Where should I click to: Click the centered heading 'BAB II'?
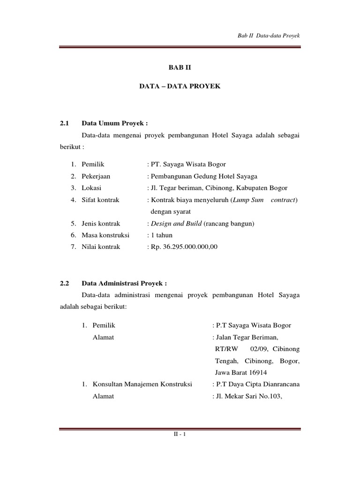coord(180,67)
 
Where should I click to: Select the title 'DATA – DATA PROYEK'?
coord(180,87)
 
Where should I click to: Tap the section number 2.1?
coord(65,124)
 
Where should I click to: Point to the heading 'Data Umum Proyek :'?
coord(115,124)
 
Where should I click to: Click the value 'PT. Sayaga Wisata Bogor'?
coord(188,164)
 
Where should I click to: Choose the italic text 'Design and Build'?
coord(176,224)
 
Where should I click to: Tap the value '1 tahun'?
coord(161,235)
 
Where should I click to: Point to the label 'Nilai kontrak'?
coord(101,247)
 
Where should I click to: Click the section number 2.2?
coord(65,283)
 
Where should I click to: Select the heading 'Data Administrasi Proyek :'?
coord(124,283)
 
